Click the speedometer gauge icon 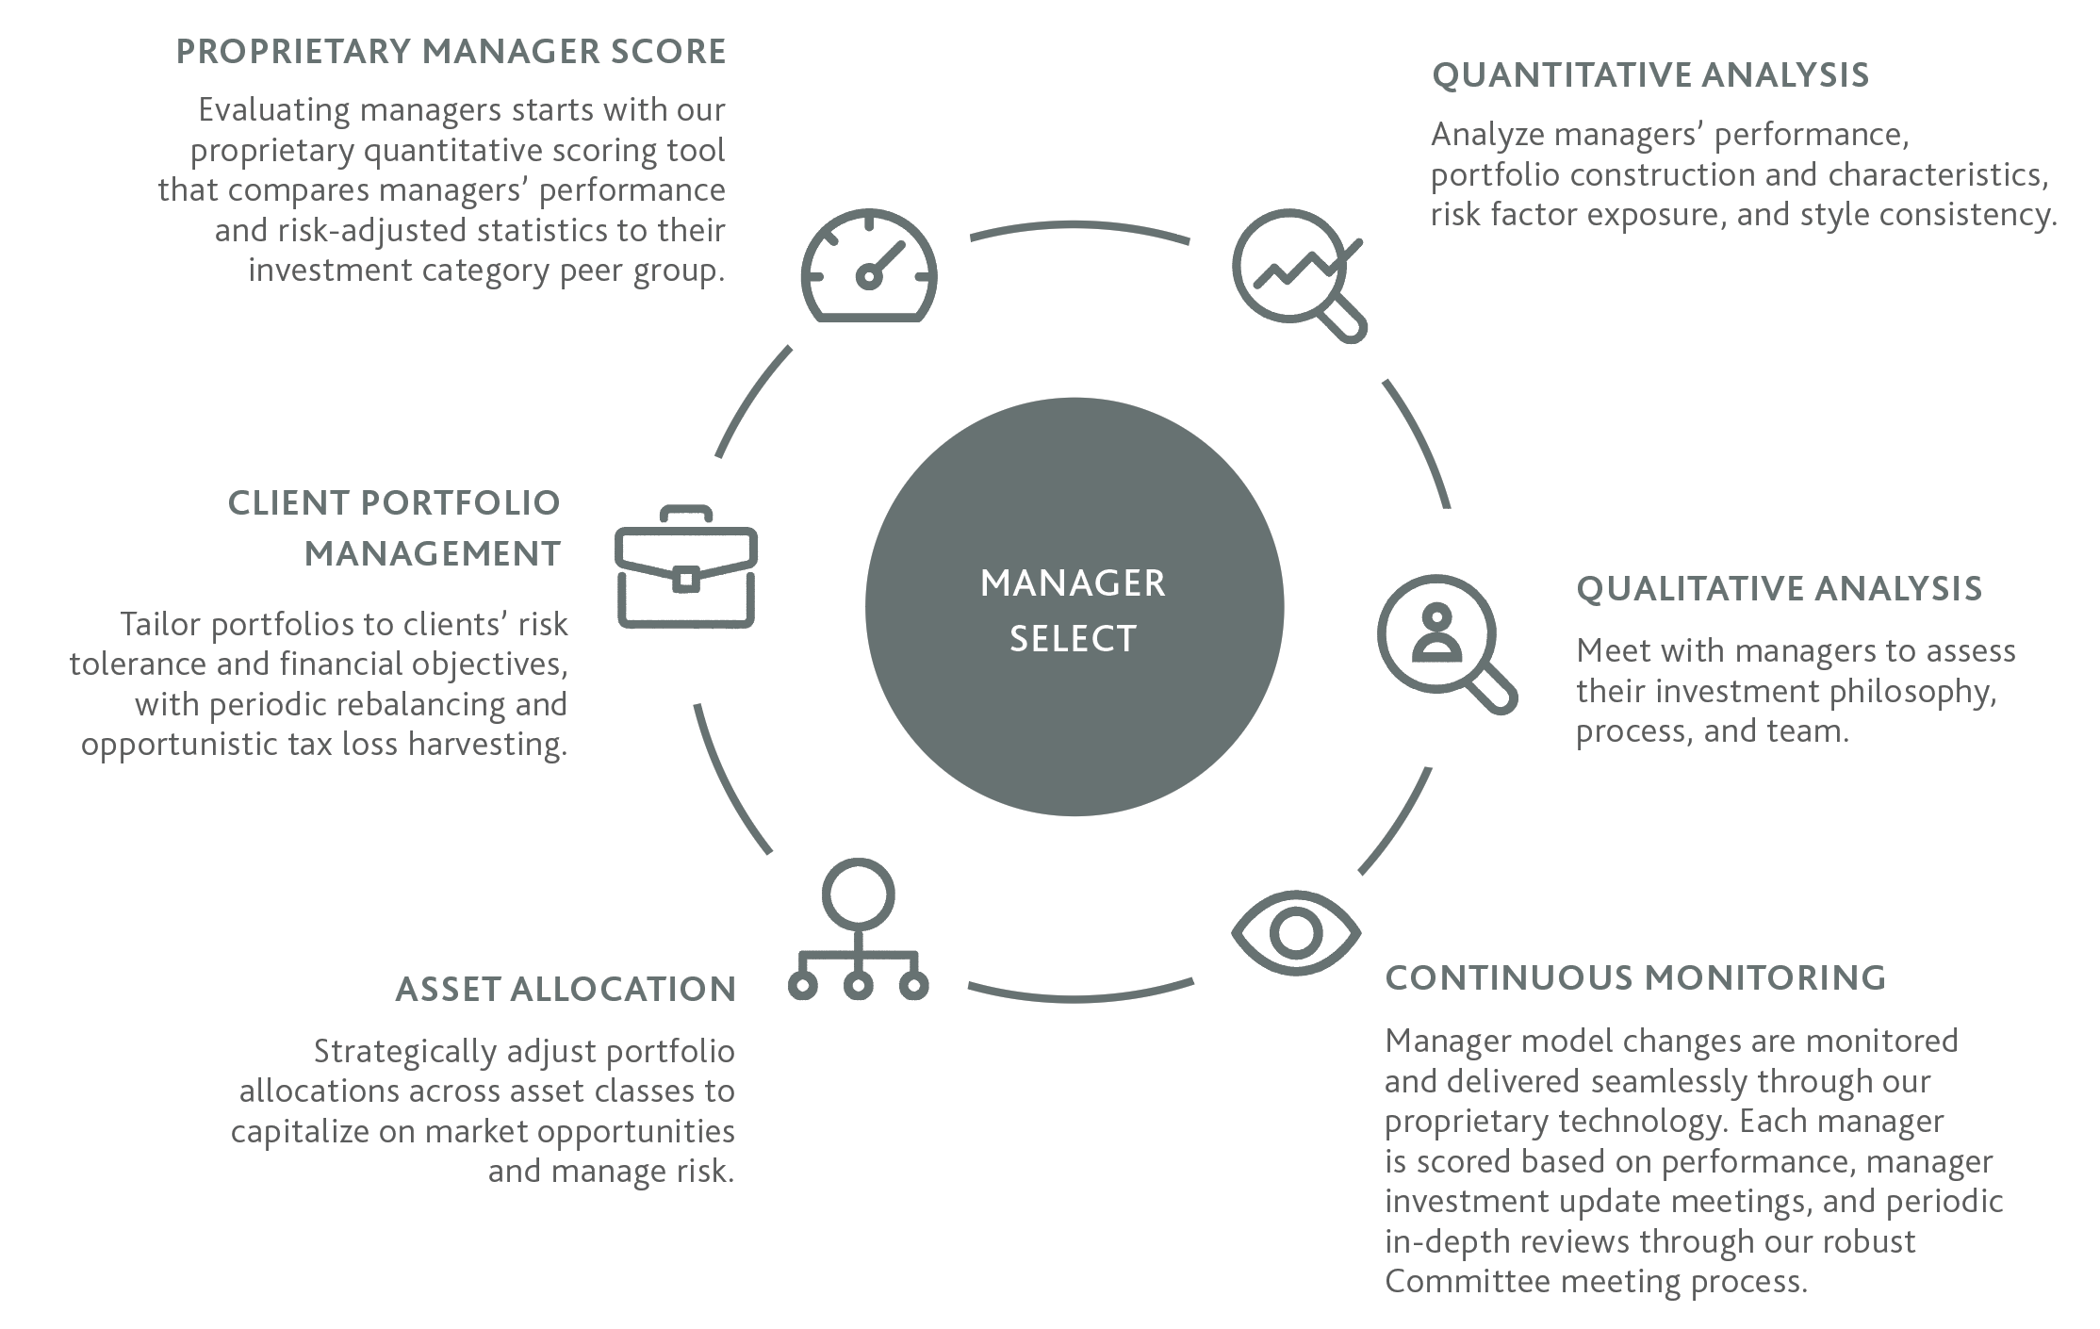(869, 267)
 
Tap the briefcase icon (686, 568)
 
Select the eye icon (1296, 932)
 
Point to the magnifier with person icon (1442, 641)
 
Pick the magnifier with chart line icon (1297, 273)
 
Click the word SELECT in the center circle (1074, 639)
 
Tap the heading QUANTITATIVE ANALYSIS (1650, 75)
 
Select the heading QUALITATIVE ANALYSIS (1779, 589)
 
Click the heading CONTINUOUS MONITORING (1635, 977)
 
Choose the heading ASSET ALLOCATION (566, 989)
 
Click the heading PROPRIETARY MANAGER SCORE (451, 52)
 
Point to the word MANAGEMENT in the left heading (433, 553)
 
